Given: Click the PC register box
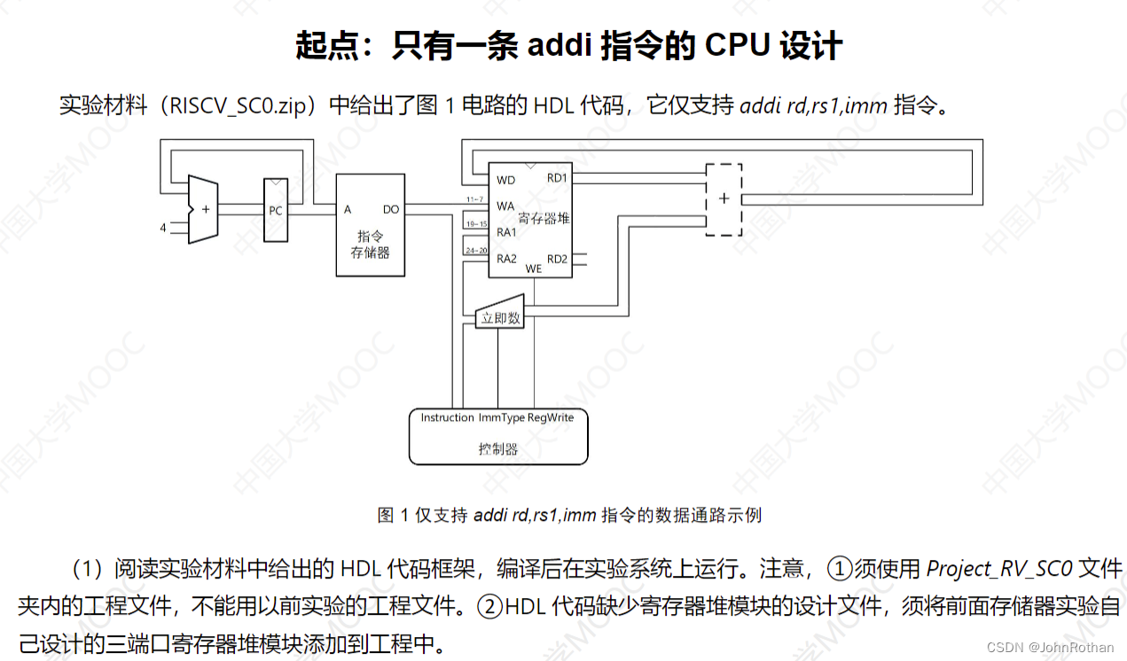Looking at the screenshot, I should [x=276, y=210].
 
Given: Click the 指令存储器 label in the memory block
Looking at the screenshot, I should [x=370, y=244].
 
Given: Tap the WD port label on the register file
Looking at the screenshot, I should [x=505, y=180].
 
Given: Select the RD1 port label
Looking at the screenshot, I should [x=557, y=178].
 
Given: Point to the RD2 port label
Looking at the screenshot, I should [x=557, y=259].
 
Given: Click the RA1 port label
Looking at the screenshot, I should [x=506, y=231].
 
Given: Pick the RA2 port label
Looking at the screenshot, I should [x=506, y=259].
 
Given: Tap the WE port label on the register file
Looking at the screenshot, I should [x=534, y=268].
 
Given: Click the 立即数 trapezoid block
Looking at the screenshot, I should [x=501, y=317].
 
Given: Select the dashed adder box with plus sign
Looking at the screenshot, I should [x=724, y=198].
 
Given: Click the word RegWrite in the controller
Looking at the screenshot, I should [x=551, y=417].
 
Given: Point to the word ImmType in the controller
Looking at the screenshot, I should [x=501, y=417].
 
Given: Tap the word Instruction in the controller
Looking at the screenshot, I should [x=447, y=417].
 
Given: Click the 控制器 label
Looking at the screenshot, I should [x=497, y=449].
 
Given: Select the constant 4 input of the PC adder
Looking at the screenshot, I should [x=163, y=228].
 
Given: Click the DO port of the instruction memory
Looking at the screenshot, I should [x=390, y=209].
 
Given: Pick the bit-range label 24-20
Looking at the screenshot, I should [x=476, y=251].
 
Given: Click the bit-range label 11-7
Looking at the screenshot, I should [x=474, y=198].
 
